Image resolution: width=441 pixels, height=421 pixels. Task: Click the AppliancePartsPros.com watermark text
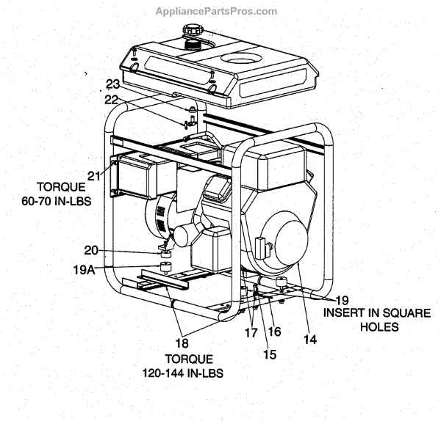point(217,11)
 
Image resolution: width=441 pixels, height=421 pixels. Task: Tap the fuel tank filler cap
point(192,32)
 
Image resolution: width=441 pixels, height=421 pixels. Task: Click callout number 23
point(112,84)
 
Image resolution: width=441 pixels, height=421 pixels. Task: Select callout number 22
point(111,100)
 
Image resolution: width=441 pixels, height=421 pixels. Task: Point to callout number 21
point(93,175)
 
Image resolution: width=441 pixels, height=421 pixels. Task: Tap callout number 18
point(181,342)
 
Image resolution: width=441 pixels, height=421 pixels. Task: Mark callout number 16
point(274,331)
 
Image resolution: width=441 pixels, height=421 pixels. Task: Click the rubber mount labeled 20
point(168,254)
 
